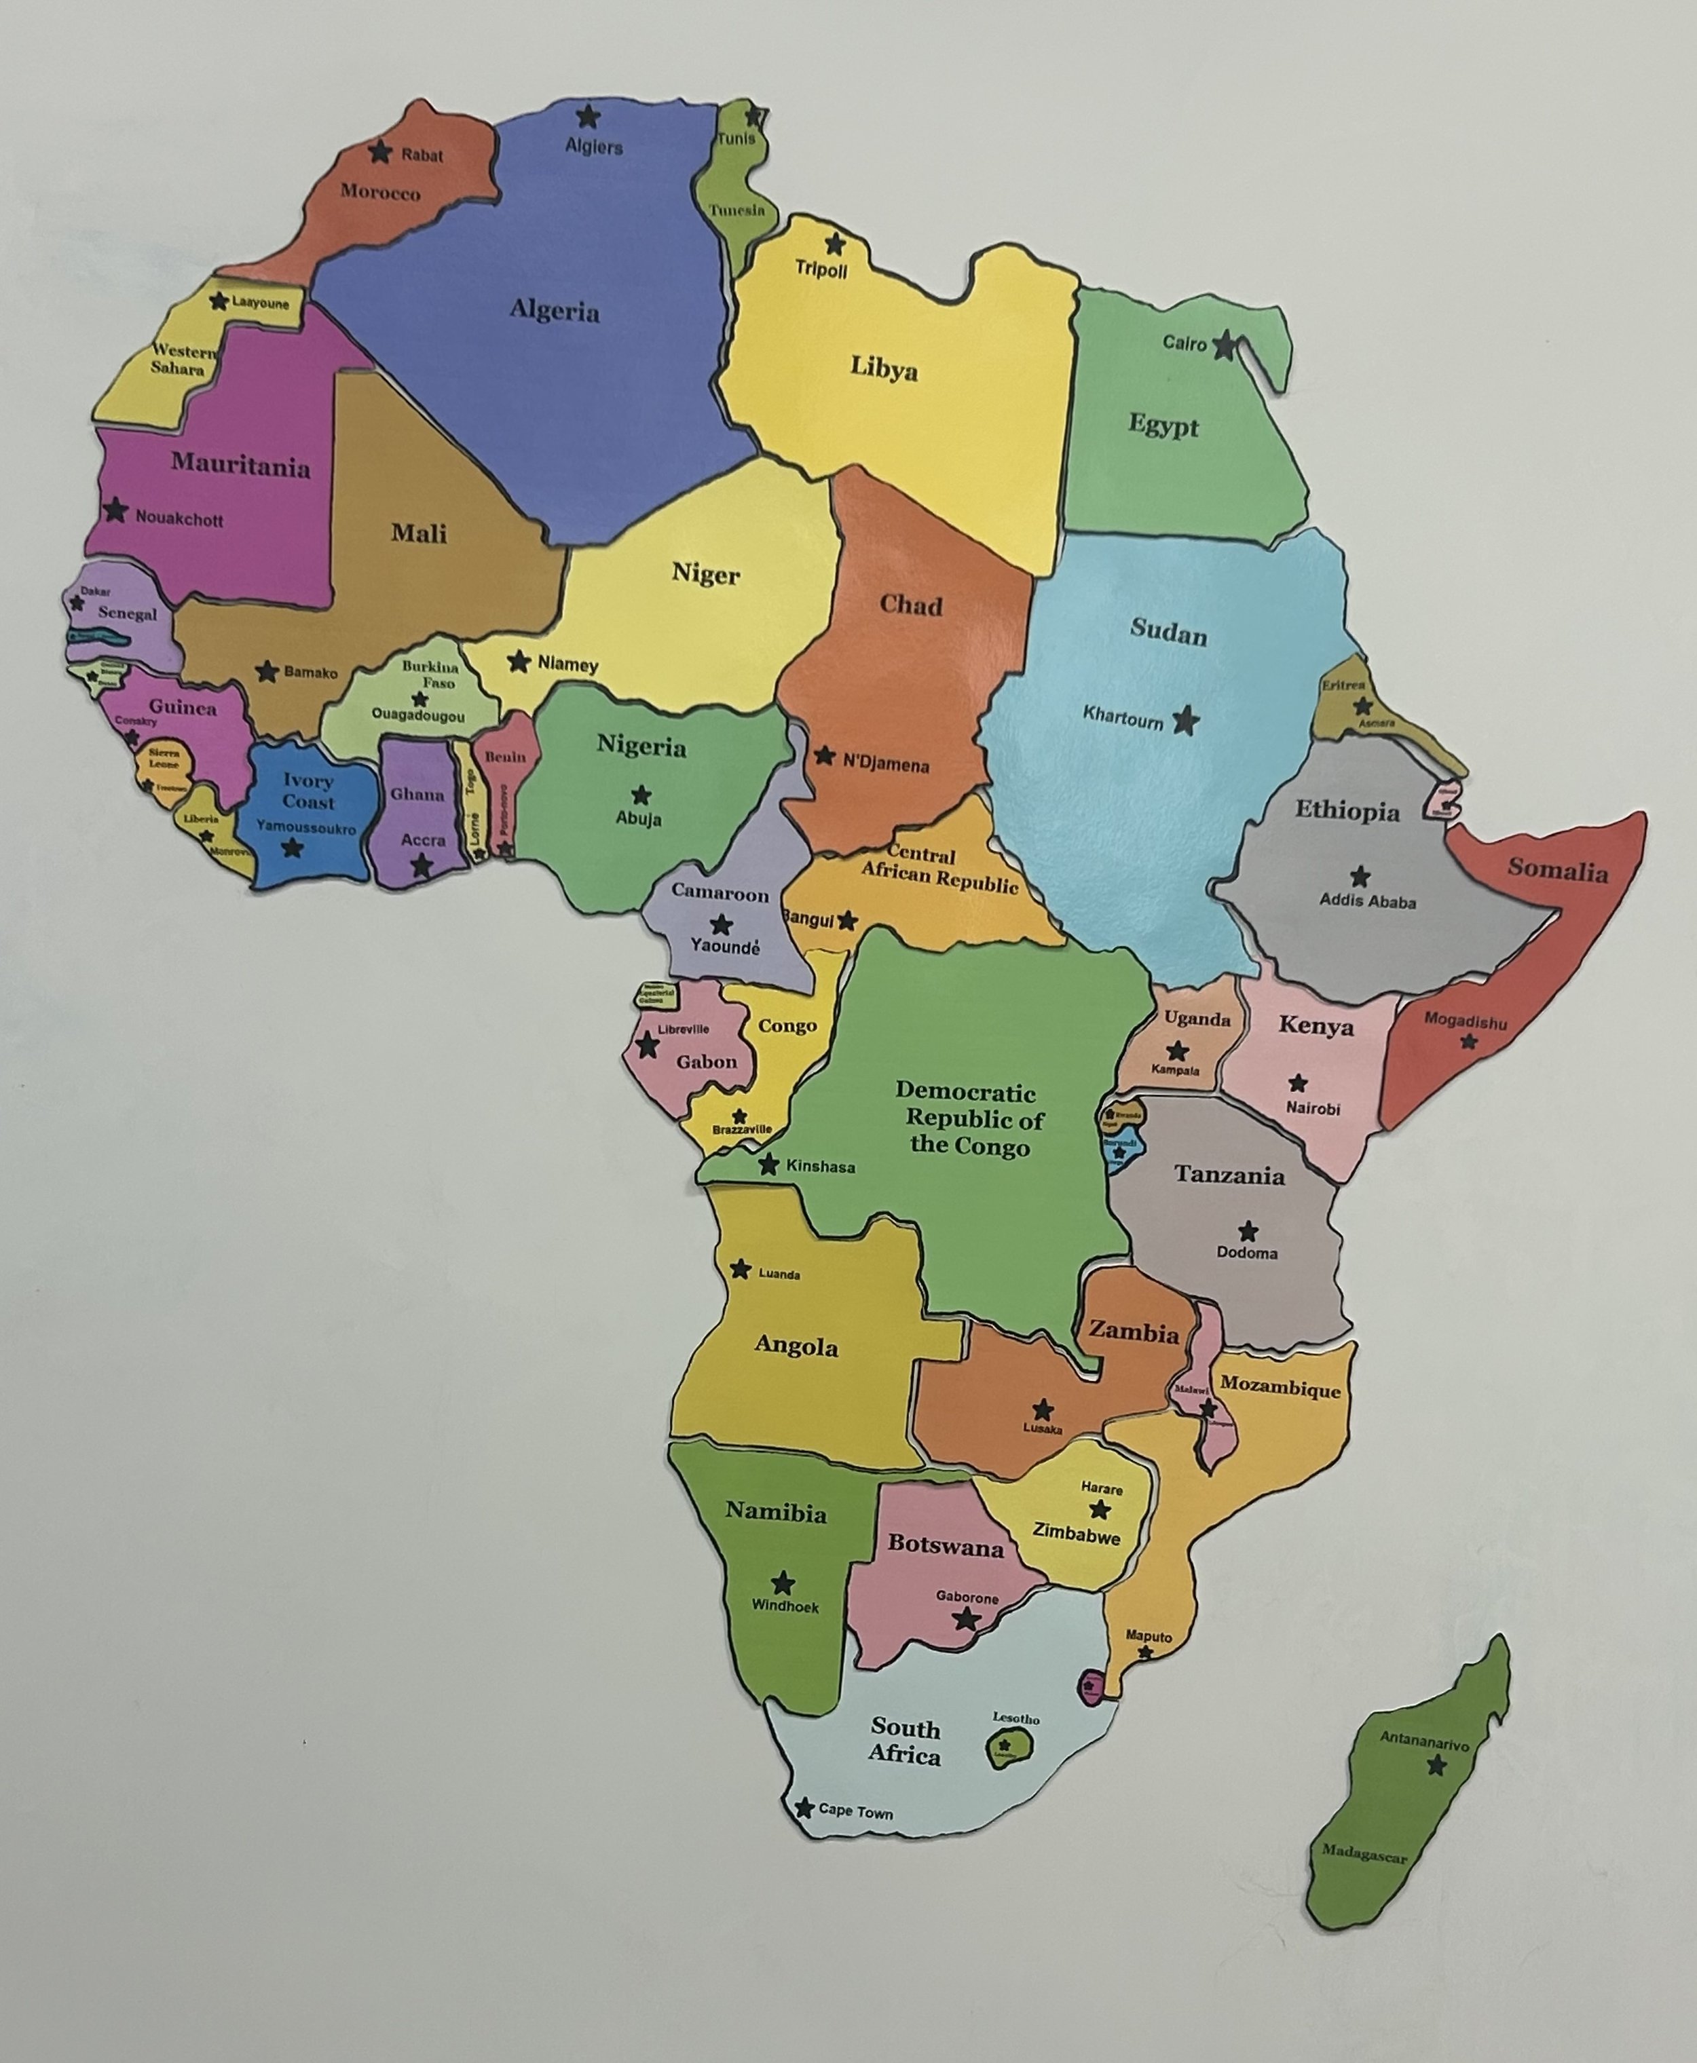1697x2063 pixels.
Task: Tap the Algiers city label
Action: tap(593, 147)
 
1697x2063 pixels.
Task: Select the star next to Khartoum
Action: tap(1186, 721)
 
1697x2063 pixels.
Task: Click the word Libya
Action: tap(884, 369)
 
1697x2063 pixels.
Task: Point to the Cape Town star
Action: tap(804, 1808)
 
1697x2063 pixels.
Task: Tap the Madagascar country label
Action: tap(1364, 1853)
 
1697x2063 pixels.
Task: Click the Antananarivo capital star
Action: tap(1436, 1765)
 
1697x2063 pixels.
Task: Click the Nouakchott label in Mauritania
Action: tap(179, 519)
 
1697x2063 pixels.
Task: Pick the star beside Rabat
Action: tap(380, 153)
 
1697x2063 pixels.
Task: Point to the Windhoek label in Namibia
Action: tap(785, 1606)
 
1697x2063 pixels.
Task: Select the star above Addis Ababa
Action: tap(1359, 877)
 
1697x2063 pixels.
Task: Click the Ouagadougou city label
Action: tap(418, 715)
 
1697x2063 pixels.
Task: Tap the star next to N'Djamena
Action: tap(824, 755)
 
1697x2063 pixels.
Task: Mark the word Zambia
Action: tap(1134, 1332)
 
